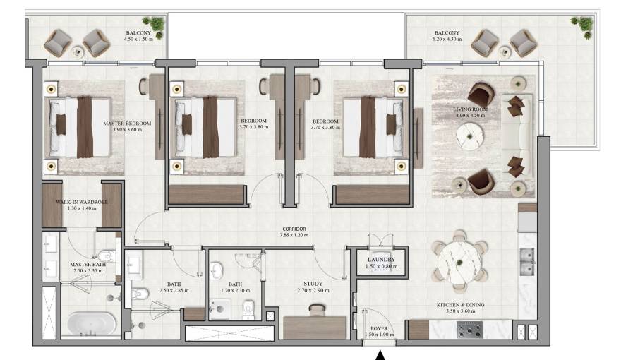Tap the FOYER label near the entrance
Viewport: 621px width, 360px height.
379,328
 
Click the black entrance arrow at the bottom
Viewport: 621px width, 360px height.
381,354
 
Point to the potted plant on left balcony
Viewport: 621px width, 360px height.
155,25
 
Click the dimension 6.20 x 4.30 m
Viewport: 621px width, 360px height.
447,40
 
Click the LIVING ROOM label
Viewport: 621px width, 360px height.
469,110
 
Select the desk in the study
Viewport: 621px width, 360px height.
315,327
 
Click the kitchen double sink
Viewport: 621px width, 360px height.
526,263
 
